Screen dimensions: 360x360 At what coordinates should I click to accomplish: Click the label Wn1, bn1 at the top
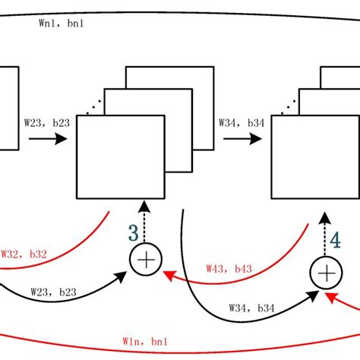pyautogui.click(x=62, y=24)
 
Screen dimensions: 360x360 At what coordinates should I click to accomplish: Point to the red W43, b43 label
pyautogui.click(x=230, y=269)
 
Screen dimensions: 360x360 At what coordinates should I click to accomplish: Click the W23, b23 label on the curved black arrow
pyautogui.click(x=52, y=291)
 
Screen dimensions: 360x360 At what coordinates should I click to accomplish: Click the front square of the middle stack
pyautogui.click(x=120, y=157)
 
